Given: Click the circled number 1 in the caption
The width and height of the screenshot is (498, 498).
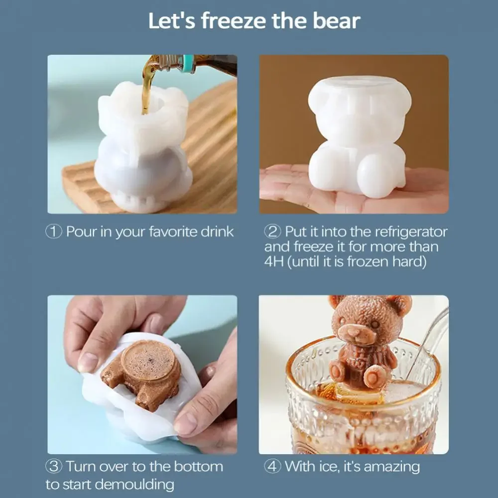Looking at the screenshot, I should (54, 232).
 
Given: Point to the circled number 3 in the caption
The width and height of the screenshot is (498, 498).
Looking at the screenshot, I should (54, 467).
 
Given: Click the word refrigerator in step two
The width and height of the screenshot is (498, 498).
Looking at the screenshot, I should (404, 232).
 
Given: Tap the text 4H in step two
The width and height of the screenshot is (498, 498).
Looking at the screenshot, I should (273, 262).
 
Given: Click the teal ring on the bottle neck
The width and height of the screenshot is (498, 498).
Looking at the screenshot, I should (188, 63).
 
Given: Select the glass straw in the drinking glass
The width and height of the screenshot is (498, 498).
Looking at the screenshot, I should (428, 339).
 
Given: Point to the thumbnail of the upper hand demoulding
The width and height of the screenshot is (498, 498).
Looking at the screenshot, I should (88, 362).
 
